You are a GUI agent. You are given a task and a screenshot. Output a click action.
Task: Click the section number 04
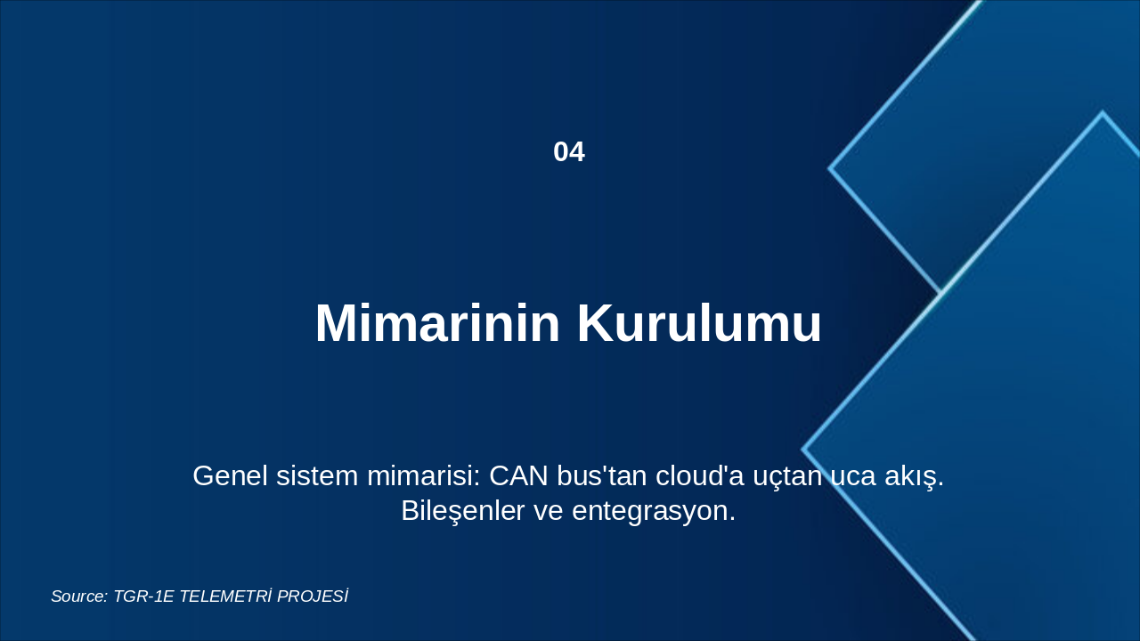pos(569,152)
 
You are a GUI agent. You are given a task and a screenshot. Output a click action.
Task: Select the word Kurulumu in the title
pos(699,323)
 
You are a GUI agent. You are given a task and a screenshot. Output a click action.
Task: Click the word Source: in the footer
pos(79,596)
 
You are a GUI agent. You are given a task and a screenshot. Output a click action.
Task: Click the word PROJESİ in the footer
pos(312,596)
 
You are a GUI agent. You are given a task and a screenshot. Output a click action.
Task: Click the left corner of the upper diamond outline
pos(830,167)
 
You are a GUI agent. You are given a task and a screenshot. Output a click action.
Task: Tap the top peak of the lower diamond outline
pos(1102,113)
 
